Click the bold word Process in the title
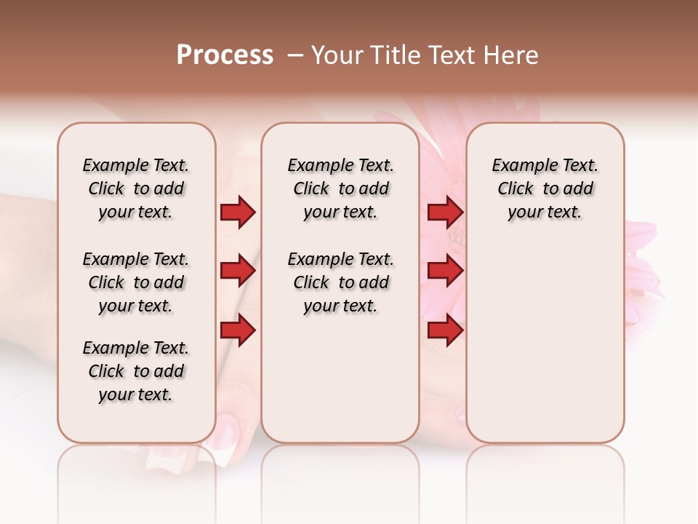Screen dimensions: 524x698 point(225,55)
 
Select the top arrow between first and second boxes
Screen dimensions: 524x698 point(238,212)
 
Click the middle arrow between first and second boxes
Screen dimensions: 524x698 point(238,271)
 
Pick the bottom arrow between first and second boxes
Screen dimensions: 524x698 point(238,331)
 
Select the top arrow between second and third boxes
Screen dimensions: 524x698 point(445,212)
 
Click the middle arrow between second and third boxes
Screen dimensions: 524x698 point(445,271)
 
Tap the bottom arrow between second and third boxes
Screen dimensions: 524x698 point(445,331)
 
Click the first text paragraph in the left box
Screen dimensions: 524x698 point(136,188)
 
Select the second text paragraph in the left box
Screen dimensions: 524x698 point(136,282)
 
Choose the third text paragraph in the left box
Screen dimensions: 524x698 point(136,371)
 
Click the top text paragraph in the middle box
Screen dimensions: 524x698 point(340,188)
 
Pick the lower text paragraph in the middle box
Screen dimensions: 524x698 point(340,282)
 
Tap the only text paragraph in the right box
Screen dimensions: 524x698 point(545,188)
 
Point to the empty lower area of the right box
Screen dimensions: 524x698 point(545,349)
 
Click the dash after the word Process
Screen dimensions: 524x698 point(295,55)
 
